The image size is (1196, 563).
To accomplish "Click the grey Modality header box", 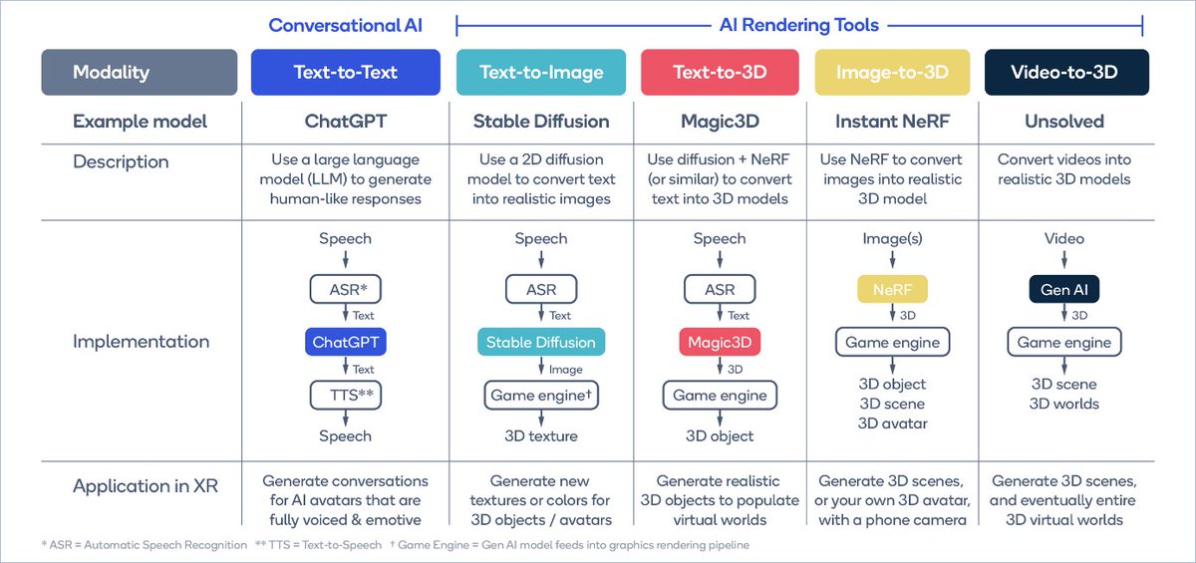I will tap(140, 73).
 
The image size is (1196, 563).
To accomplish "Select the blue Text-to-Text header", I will tap(345, 73).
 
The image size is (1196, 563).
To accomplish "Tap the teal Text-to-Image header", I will tap(541, 73).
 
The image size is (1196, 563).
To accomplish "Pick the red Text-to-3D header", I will tap(720, 73).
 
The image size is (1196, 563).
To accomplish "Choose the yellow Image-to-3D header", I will tap(892, 73).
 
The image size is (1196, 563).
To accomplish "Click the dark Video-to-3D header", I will tap(1064, 73).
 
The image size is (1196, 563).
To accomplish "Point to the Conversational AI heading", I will tap(345, 25).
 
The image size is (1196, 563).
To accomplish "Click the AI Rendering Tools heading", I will tap(800, 25).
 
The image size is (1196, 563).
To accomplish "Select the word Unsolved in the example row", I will tap(1064, 122).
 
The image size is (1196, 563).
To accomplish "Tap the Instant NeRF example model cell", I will tap(892, 122).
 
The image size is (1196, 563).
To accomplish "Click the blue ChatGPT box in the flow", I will tap(345, 342).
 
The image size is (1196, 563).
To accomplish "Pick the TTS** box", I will tap(345, 395).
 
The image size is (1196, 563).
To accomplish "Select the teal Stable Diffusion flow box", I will tap(541, 342).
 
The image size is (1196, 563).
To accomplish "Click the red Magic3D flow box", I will tap(720, 342).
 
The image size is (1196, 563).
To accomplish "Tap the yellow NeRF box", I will tap(892, 290).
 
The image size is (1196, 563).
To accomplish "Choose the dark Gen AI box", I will tap(1064, 290).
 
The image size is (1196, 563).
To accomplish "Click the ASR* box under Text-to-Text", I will tap(345, 290).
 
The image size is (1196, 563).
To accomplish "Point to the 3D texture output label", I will tap(541, 435).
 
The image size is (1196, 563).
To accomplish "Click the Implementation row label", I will tap(141, 342).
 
